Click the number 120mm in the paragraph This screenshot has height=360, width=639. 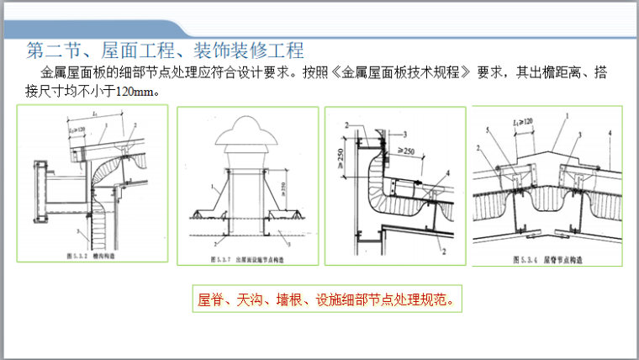134,91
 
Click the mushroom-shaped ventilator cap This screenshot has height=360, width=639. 247,135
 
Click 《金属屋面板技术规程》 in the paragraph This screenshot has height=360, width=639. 404,73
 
